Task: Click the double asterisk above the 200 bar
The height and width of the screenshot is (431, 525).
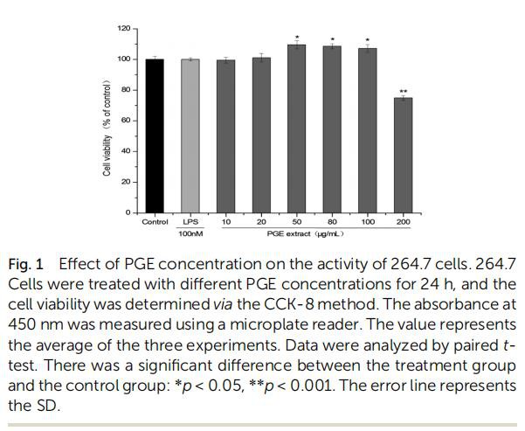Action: [x=403, y=92]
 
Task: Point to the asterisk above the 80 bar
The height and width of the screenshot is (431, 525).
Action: [x=332, y=39]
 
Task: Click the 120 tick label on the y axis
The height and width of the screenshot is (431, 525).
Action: [x=123, y=29]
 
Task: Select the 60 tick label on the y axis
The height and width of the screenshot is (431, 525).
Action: [x=126, y=121]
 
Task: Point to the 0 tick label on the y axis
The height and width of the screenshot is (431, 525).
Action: [x=128, y=212]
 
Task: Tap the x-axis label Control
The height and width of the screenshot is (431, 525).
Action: [x=155, y=222]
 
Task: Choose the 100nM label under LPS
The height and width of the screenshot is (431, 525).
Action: [x=190, y=234]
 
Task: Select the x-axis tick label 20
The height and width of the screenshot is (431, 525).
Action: [x=261, y=222]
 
